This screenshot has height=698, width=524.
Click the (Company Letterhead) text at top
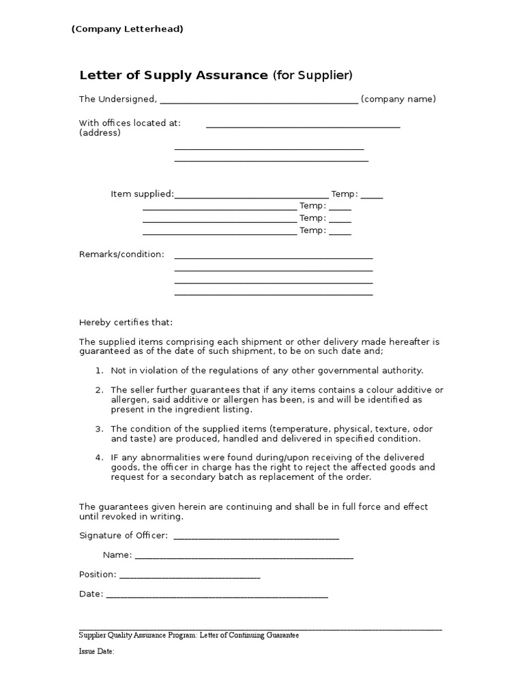[x=128, y=29]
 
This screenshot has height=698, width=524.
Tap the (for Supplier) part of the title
[x=312, y=75]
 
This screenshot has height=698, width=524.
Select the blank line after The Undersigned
[x=259, y=100]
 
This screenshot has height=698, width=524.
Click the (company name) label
[x=398, y=100]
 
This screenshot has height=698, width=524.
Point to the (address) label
[x=100, y=133]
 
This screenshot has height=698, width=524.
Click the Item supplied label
[x=142, y=194]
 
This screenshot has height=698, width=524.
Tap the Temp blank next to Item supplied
[x=372, y=196]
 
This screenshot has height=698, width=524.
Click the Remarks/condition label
[x=121, y=254]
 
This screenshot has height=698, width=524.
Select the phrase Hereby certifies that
[x=126, y=322]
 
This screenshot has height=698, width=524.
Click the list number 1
[x=99, y=371]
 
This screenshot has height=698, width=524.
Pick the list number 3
[x=99, y=429]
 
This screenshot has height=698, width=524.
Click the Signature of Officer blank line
[x=256, y=537]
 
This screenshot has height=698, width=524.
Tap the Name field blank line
[x=244, y=556]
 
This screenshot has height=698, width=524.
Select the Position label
[x=98, y=575]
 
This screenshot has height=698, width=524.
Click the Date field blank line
[x=217, y=595]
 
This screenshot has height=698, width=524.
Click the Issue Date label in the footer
[x=96, y=652]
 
